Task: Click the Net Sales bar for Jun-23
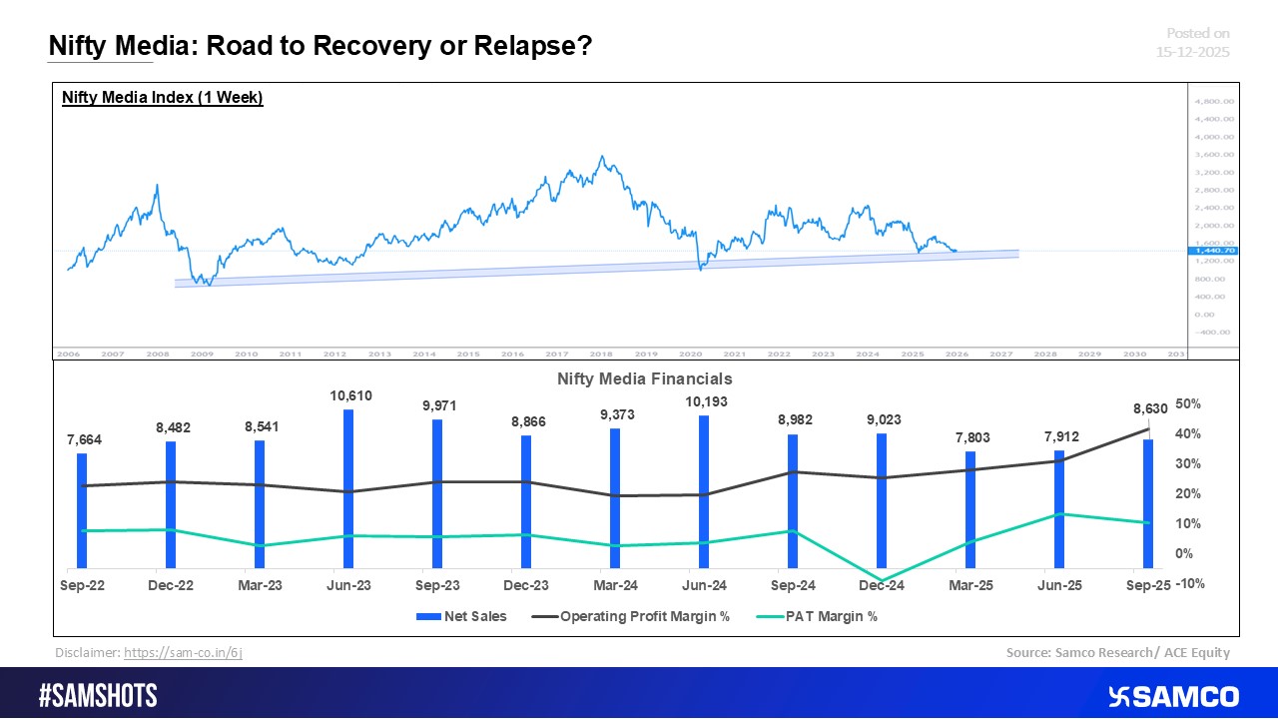point(347,488)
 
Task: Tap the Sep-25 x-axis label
point(1147,586)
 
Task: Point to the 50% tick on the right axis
point(1187,403)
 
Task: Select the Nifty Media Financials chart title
point(645,378)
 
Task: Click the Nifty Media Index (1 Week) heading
point(163,98)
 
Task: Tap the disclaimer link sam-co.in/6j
point(183,652)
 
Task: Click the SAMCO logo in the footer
point(1173,696)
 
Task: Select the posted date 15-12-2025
point(1194,52)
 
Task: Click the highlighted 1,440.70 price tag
point(1212,251)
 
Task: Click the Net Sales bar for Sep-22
point(82,510)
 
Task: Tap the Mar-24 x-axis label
point(615,586)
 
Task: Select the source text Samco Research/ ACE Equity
point(1118,652)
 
